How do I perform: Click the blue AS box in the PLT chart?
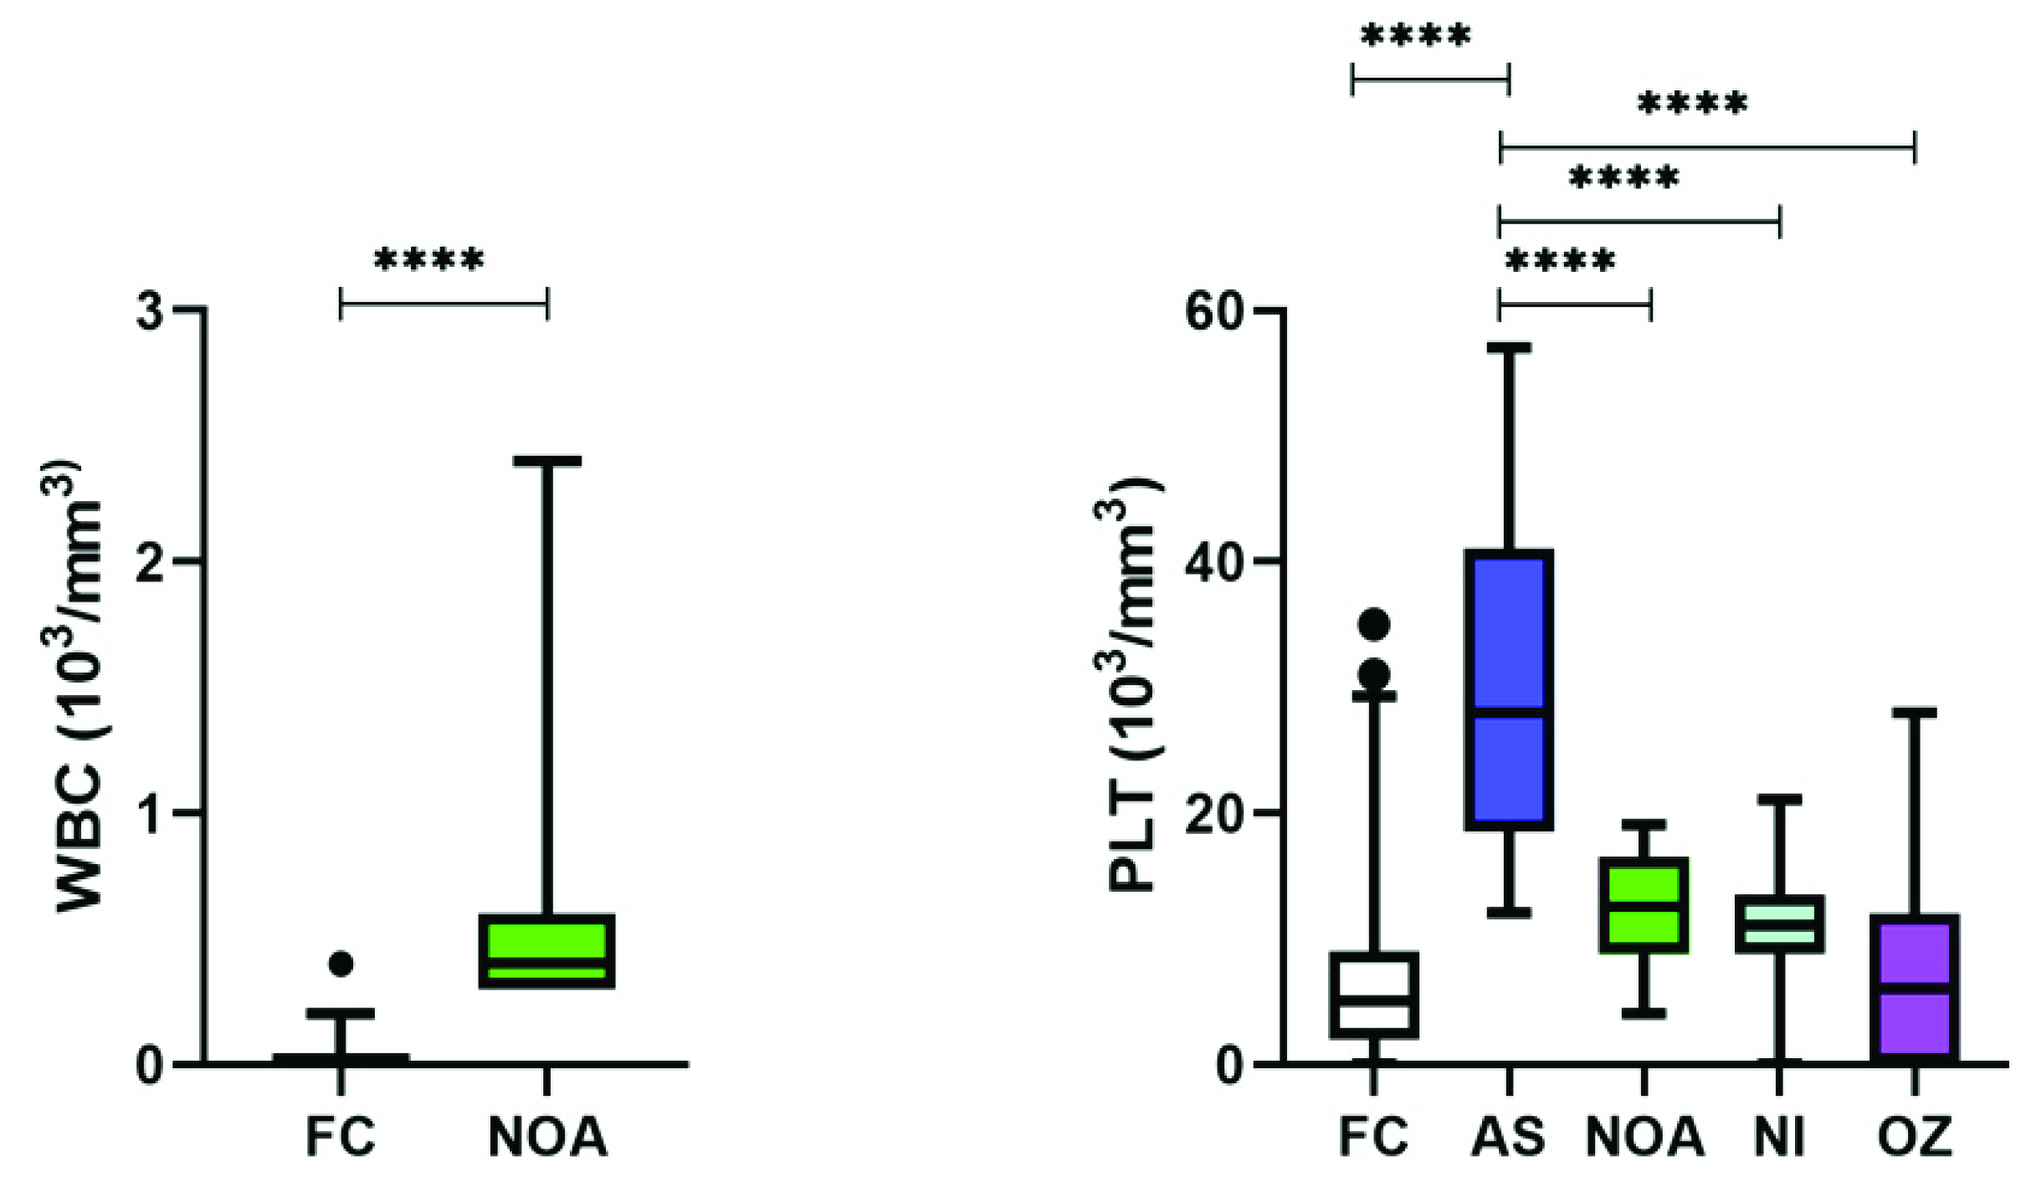(1508, 689)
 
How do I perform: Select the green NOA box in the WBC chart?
(547, 951)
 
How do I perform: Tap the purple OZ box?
(1915, 987)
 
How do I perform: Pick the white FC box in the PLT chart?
(1373, 995)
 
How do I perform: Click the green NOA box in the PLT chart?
(1644, 905)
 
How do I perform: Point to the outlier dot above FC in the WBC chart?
(341, 964)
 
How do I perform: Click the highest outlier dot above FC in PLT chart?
(1373, 624)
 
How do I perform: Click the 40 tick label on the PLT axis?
(1214, 561)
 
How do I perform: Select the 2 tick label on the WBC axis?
(150, 562)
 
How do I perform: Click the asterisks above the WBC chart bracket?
(428, 260)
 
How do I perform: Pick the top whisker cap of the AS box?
(1508, 347)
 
